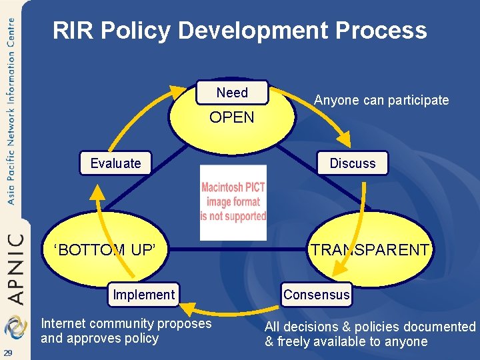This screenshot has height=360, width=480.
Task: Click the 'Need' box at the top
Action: (231, 93)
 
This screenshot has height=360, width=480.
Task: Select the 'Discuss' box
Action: (353, 163)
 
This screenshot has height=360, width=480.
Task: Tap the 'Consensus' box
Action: (316, 295)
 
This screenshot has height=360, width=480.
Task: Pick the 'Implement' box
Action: (143, 295)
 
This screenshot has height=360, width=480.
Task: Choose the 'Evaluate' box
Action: (115, 163)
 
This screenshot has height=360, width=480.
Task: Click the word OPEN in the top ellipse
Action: (231, 118)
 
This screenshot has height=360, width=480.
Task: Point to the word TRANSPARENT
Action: (370, 250)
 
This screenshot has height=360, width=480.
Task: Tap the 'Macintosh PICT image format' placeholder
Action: (233, 202)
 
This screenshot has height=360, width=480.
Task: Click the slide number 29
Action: (7, 352)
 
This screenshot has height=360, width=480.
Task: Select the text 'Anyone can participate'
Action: (381, 101)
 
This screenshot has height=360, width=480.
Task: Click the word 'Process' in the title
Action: (381, 31)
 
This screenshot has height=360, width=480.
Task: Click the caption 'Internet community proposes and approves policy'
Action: (126, 331)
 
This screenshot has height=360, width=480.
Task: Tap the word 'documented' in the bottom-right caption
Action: (443, 327)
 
